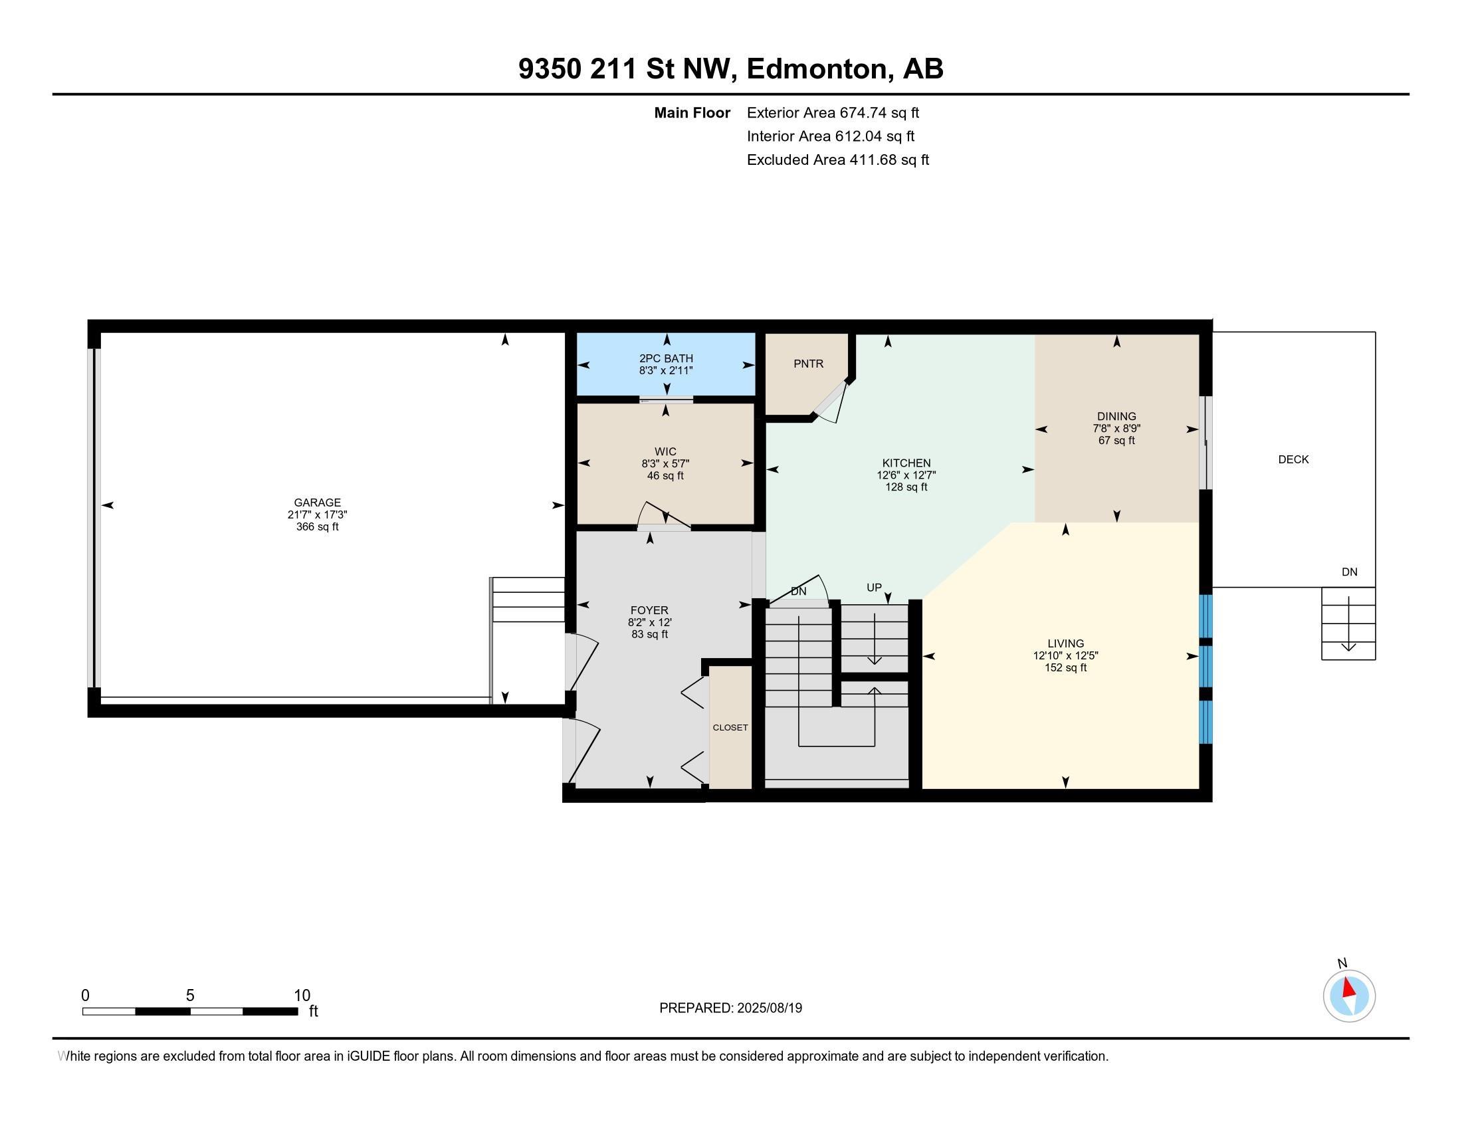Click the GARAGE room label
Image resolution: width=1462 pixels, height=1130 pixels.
[x=317, y=502]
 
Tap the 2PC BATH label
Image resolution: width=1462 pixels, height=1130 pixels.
[x=666, y=358]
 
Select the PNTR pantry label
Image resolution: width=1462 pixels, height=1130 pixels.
[x=809, y=364]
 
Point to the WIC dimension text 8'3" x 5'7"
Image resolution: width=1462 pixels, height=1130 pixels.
[x=665, y=463]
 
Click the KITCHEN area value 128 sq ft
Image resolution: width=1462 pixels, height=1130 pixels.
[x=906, y=487]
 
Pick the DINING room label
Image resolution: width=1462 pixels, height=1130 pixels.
[x=1116, y=416]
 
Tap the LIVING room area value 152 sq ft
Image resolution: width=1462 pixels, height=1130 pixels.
[x=1066, y=667]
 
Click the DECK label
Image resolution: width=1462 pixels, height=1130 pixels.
[x=1293, y=459]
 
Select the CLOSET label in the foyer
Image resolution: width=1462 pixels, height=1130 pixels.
[x=730, y=727]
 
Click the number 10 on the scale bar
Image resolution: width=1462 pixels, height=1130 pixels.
[x=302, y=996]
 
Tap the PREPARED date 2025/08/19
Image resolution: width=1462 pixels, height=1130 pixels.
[x=769, y=1008]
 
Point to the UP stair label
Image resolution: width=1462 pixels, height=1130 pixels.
[x=875, y=588]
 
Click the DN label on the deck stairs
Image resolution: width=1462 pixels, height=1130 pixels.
[x=1350, y=572]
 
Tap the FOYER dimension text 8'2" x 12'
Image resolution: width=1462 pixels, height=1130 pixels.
[x=649, y=622]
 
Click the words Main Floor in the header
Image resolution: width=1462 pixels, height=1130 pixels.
[x=692, y=112]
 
